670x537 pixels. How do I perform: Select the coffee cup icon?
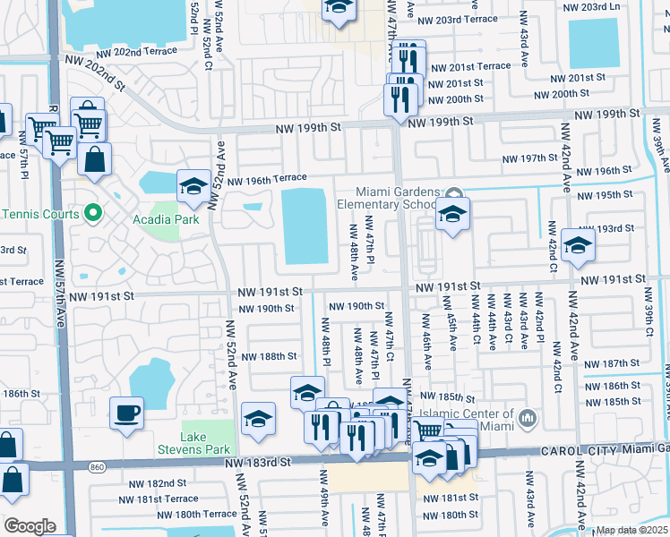(x=125, y=413)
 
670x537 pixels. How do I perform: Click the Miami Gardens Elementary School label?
(x=397, y=198)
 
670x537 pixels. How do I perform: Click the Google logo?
(x=30, y=525)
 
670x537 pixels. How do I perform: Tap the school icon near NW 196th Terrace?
(x=193, y=186)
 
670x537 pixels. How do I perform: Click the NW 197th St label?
(x=529, y=158)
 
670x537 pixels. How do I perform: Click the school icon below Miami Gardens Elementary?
(x=452, y=215)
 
